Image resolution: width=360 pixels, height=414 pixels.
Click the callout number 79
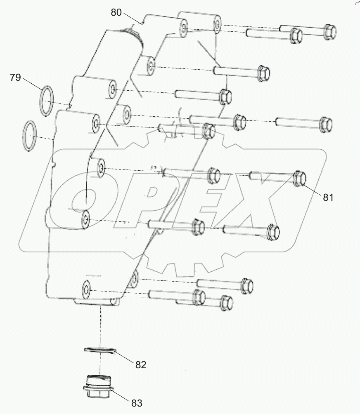coord(15,78)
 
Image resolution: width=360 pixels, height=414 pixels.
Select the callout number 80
coord(116,12)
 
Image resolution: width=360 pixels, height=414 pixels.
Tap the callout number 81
coord(328,198)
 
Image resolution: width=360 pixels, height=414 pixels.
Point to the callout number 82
coord(141,365)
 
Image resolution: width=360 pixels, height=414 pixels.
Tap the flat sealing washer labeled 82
coord(99,350)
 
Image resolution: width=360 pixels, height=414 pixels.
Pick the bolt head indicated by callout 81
coord(300,179)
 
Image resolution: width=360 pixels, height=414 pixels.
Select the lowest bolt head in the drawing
coord(227,302)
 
